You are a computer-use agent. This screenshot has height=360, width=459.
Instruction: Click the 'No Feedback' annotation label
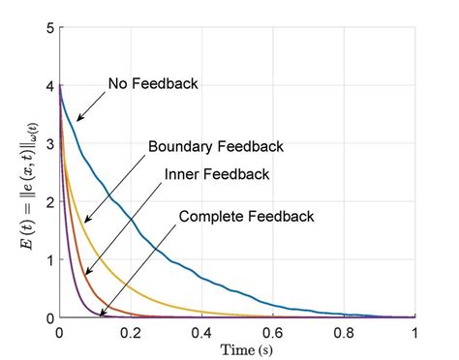[153, 84]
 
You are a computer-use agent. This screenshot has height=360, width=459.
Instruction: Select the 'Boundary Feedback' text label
[216, 147]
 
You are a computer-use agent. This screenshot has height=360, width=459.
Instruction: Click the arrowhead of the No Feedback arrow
[78, 120]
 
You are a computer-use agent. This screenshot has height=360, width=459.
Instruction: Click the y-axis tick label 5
[48, 28]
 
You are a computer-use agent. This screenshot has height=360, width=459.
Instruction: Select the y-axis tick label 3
[48, 144]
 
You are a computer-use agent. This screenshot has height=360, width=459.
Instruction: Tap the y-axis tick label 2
[48, 202]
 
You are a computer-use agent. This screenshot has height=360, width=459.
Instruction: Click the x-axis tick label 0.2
[131, 332]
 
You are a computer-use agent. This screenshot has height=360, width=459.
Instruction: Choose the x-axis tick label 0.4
[201, 332]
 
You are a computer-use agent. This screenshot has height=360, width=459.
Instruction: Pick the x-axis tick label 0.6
[273, 332]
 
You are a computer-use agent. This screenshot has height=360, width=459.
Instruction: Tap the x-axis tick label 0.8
[344, 332]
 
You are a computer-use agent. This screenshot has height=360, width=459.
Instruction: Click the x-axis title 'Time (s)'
[237, 348]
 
